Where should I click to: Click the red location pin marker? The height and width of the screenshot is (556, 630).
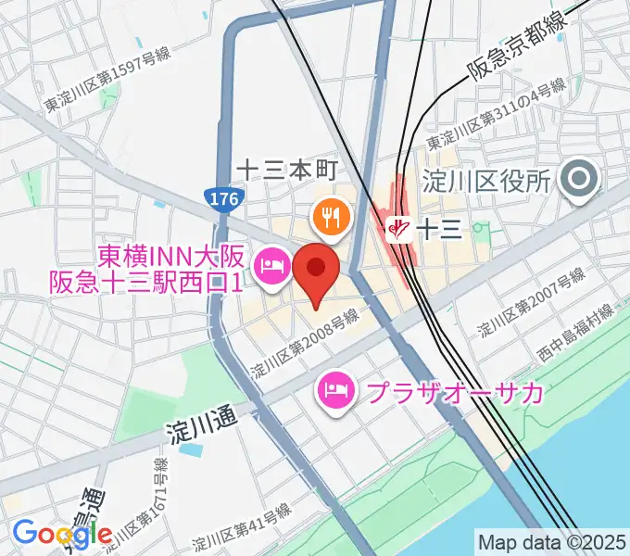point(316,270)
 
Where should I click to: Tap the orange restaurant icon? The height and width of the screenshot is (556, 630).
point(331,218)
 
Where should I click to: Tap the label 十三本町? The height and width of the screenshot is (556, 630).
point(290,170)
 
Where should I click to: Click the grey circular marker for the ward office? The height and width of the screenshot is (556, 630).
point(584,180)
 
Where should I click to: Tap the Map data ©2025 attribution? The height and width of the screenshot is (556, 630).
point(551,541)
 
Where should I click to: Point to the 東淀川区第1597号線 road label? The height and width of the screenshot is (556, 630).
point(107,82)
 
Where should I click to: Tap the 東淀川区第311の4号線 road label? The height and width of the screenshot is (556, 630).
point(495,119)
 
